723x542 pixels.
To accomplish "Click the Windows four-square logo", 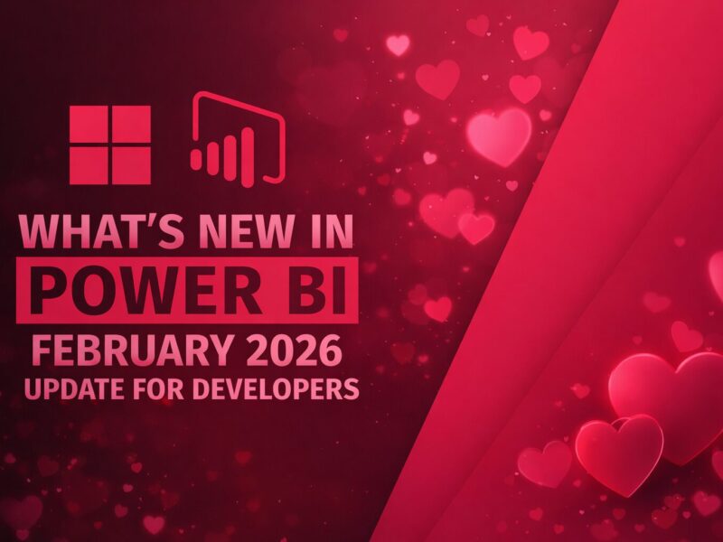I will coord(110,145).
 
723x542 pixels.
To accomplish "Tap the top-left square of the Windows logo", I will coord(89,124).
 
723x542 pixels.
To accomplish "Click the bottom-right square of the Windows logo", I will coord(131,165).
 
